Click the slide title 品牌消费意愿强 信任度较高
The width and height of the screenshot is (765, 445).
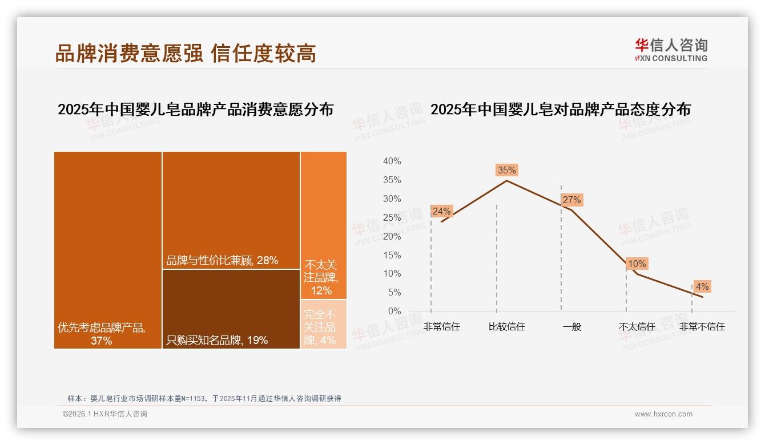[x=186, y=53]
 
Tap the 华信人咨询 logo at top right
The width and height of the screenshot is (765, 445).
[x=671, y=50]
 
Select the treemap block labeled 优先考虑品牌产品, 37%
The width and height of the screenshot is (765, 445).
[x=108, y=250]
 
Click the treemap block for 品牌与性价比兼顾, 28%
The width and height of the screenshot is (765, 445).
[x=231, y=210]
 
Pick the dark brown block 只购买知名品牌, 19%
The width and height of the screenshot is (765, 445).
[x=231, y=309]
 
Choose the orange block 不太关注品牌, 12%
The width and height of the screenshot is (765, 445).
[x=324, y=225]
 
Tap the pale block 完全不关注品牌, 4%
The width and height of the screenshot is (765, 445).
[x=324, y=324]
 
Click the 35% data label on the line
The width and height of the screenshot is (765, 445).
[x=506, y=170]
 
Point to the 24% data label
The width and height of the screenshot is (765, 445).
[x=441, y=211]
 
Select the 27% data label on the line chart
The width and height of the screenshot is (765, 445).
[x=571, y=200]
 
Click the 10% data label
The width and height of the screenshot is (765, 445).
[x=637, y=264]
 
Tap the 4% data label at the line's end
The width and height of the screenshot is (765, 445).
[x=702, y=286]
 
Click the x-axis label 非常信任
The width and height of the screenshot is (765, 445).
[x=441, y=327]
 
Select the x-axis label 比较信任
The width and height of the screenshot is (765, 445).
[x=506, y=327]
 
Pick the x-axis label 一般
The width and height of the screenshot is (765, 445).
[x=571, y=327]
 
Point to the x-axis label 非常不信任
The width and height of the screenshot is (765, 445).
[x=702, y=327]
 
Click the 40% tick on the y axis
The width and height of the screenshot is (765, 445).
[x=392, y=161]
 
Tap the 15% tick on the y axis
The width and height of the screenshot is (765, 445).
[x=392, y=255]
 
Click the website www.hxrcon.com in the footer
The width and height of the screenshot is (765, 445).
[x=663, y=414]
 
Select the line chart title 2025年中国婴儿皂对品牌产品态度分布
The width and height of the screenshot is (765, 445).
[x=560, y=110]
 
